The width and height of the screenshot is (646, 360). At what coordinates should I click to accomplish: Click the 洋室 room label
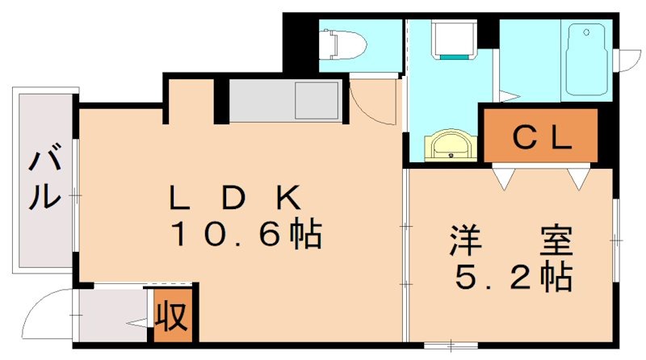pos(510,241)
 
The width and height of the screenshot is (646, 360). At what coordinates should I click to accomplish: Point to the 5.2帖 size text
pos(514,278)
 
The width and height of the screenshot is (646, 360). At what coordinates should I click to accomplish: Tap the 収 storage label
pos(171,314)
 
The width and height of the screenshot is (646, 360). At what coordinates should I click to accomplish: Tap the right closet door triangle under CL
pos(578,177)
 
